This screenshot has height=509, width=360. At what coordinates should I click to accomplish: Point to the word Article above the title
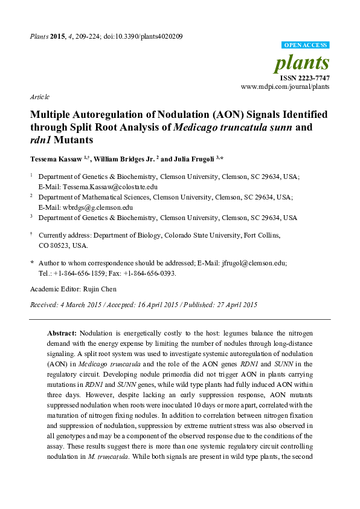[x=39, y=97]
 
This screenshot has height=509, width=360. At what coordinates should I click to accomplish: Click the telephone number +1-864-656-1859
[x=76, y=273]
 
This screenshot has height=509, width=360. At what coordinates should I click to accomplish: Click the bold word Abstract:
[x=62, y=333]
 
